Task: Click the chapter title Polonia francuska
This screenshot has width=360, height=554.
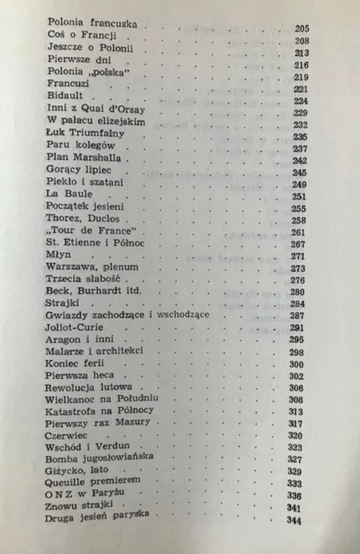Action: tap(92, 24)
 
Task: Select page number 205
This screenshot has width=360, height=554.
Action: tap(302, 29)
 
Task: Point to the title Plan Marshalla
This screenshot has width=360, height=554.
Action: tap(83, 159)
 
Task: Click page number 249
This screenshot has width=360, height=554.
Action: tap(299, 184)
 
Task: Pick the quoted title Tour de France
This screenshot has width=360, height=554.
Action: tap(89, 232)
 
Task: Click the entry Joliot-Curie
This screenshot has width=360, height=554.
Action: tap(75, 327)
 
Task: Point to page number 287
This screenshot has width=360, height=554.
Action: tap(297, 316)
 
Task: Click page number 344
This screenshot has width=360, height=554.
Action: tap(294, 520)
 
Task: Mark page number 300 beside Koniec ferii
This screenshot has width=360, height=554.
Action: tap(296, 364)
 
